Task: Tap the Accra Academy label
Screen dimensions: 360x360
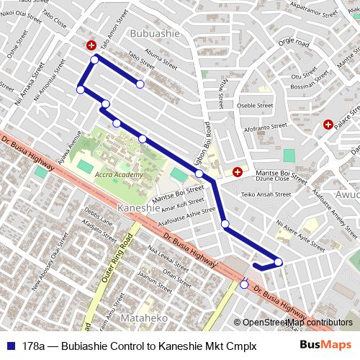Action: coord(120,175)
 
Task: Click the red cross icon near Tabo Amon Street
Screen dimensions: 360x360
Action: coord(91,45)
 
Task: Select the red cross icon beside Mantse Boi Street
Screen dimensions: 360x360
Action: coord(238,172)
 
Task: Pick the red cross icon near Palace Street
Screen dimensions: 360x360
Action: coord(328,125)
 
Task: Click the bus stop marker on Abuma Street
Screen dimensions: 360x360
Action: coord(140,84)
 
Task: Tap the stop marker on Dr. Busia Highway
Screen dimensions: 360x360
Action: coord(244,284)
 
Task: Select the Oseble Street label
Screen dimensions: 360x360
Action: coord(256,105)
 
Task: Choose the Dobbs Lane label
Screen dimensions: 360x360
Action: coord(95,213)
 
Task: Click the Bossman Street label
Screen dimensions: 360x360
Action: coord(305,86)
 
